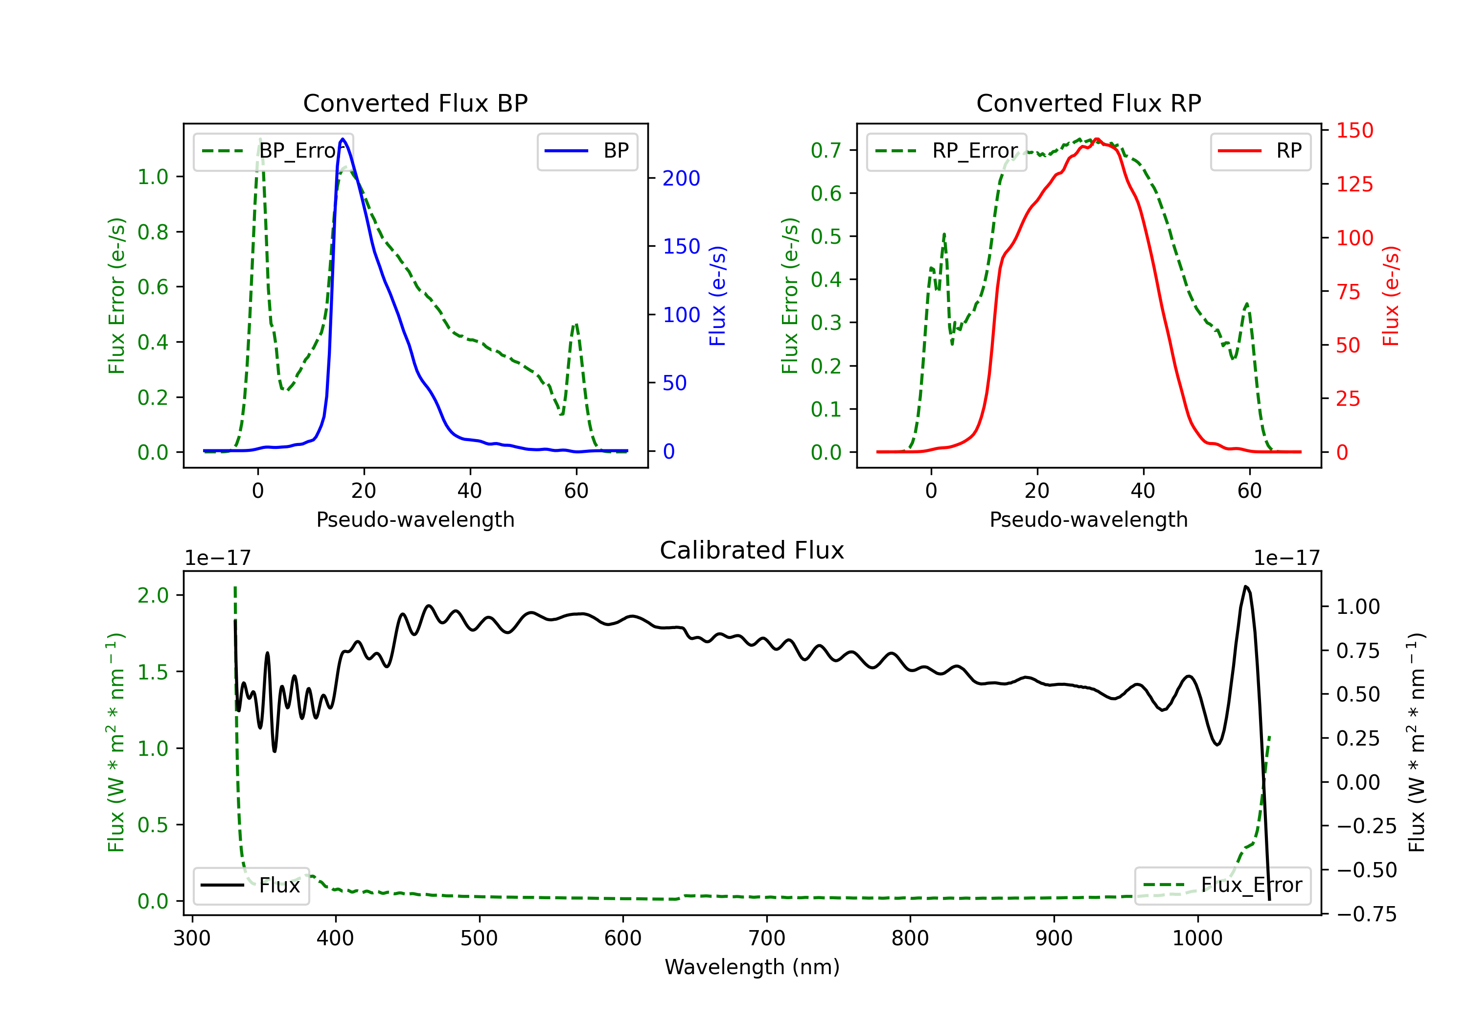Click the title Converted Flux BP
415,103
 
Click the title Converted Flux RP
1088,103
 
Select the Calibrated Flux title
752,550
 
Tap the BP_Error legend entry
273,151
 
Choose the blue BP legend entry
587,151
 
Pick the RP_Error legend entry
946,151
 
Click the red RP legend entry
1260,151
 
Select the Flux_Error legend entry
1222,886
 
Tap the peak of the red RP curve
1097,139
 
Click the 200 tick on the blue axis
681,179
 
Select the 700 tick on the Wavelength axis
767,938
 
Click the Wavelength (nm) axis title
752,967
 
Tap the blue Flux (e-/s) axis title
718,296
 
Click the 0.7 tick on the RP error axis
826,150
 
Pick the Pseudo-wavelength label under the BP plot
415,519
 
